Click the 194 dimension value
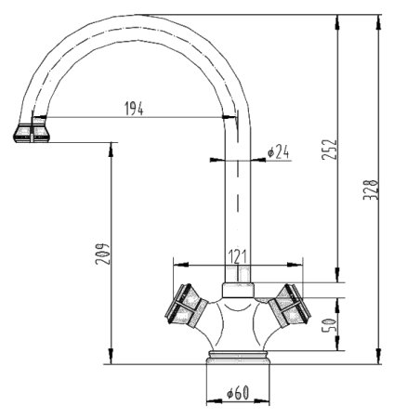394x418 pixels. [136, 108]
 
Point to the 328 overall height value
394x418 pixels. [370, 194]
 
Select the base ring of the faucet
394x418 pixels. [238, 358]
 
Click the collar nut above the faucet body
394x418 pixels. [240, 281]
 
